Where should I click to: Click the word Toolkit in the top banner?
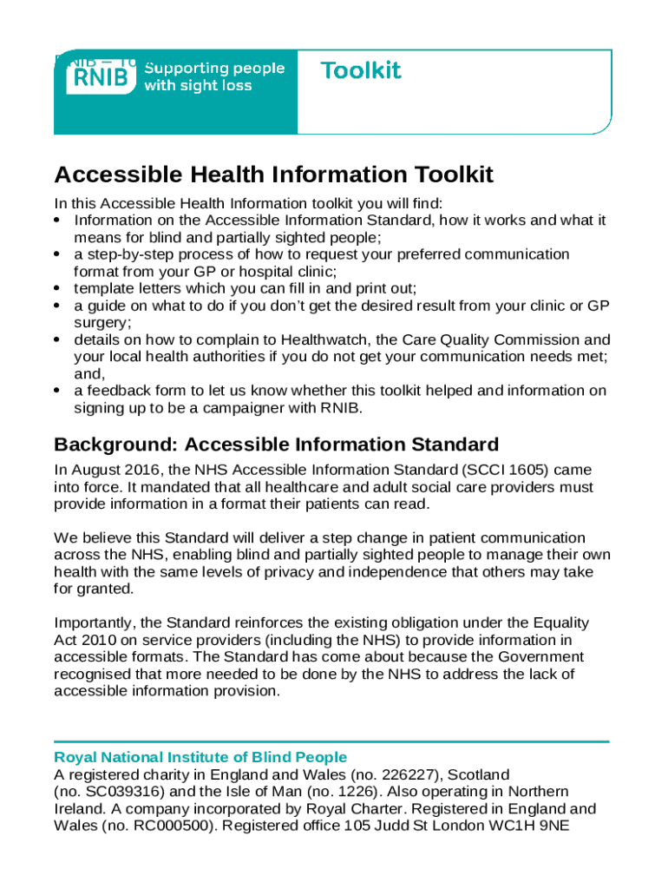(361, 71)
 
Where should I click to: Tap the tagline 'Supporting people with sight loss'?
(213, 76)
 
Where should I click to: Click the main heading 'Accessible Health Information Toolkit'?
(273, 175)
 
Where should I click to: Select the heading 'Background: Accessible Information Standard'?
(276, 445)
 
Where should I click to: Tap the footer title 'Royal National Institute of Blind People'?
(200, 757)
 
